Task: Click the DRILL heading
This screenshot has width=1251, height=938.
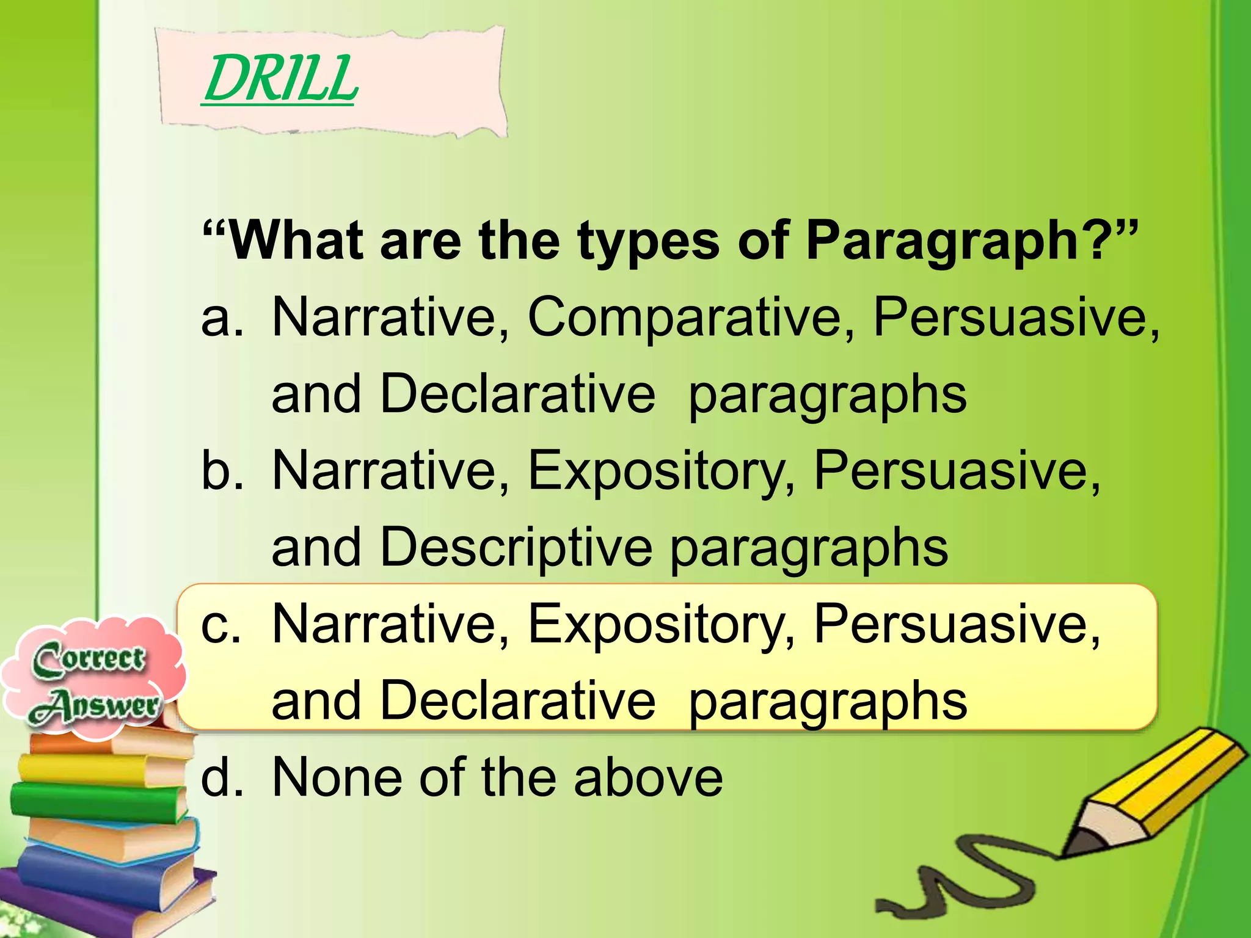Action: point(280,79)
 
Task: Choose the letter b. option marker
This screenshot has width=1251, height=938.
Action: point(221,470)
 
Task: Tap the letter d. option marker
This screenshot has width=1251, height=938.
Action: point(221,777)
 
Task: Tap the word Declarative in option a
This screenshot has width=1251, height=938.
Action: point(517,394)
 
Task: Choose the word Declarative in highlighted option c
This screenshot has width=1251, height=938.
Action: point(517,700)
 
